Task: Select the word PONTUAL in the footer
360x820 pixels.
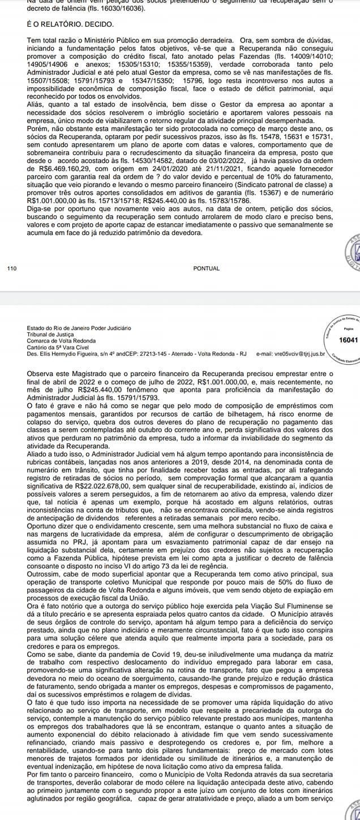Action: [x=206, y=268]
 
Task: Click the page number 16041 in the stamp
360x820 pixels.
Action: [x=347, y=340]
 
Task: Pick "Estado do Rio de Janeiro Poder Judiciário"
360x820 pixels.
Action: [x=79, y=328]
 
